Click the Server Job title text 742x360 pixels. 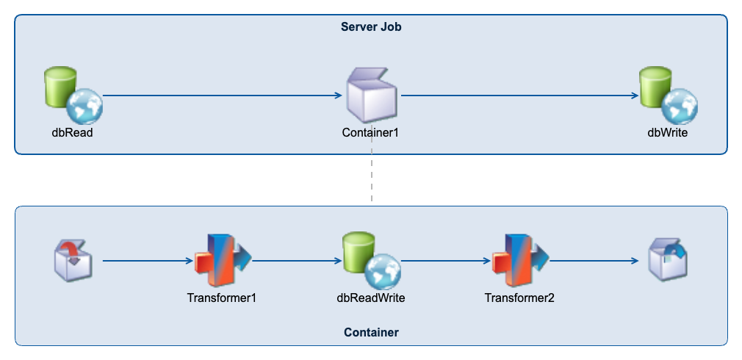tap(371, 27)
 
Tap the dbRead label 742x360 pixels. tap(72, 133)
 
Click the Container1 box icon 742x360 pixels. tap(371, 95)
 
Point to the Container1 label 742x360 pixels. tap(371, 133)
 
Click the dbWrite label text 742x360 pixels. tap(667, 133)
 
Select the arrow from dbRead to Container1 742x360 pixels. tap(220, 96)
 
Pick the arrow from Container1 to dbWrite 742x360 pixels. tap(518, 96)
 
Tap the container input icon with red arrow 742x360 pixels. tap(73, 259)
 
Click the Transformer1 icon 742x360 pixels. tap(222, 259)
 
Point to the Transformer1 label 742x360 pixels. tap(222, 298)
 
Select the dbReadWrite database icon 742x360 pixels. tap(371, 259)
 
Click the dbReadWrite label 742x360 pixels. tap(371, 298)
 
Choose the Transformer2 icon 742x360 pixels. tap(519, 259)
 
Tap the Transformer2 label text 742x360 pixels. tap(519, 298)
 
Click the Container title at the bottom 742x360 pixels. tap(371, 333)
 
